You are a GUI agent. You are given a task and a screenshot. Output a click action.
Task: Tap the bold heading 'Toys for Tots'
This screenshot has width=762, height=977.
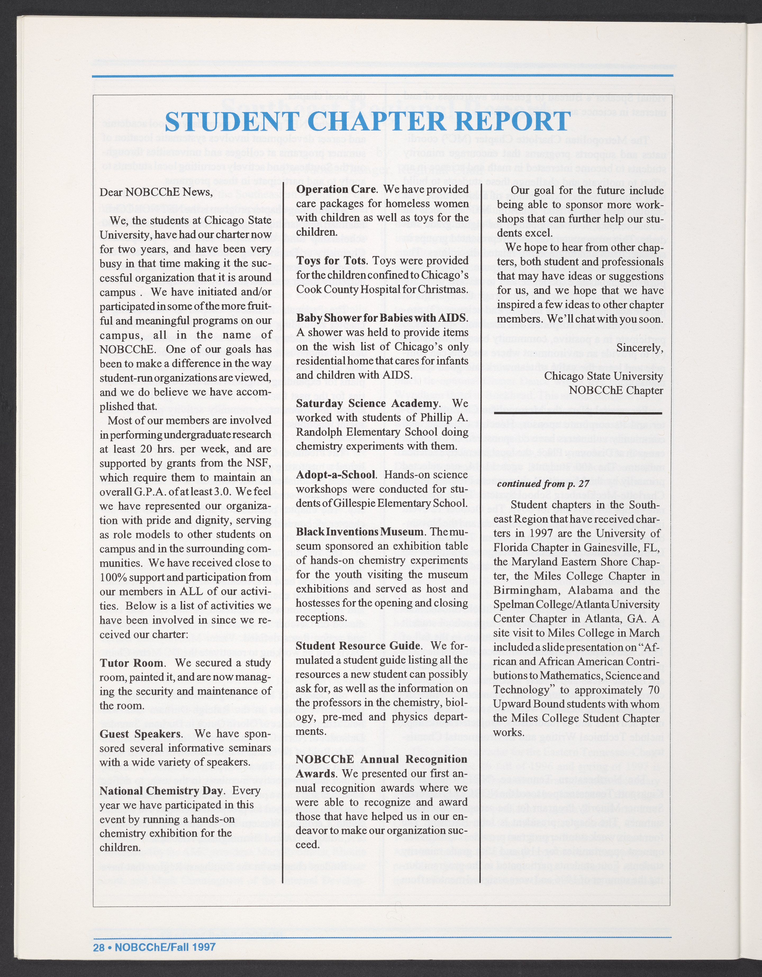332,260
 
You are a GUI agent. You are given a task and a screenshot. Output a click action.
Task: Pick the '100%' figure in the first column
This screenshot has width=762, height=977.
114,577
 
